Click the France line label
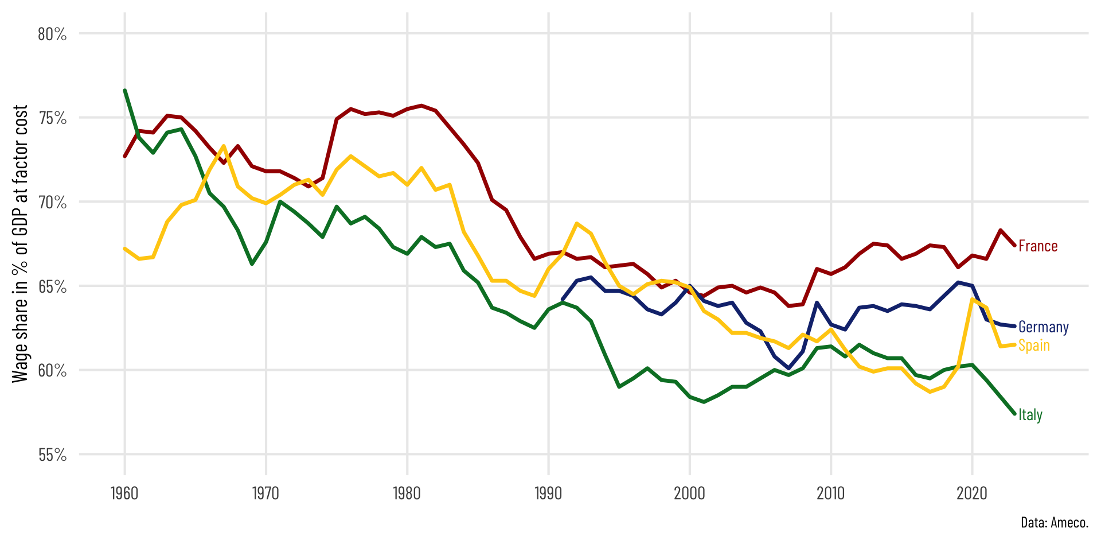point(1037,246)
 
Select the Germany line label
point(1043,327)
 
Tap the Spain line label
point(1034,346)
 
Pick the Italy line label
point(1030,415)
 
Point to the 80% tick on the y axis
point(52,34)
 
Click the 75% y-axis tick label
point(52,119)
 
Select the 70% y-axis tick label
point(52,203)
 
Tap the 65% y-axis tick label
point(52,287)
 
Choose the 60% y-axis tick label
point(52,371)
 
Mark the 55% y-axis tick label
point(52,455)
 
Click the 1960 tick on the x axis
point(124,494)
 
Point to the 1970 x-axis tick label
point(266,494)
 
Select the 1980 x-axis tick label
point(407,494)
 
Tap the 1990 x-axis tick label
point(548,494)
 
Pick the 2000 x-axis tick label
point(689,494)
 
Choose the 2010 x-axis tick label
point(830,494)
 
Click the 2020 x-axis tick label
point(972,494)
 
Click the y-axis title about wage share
point(20,243)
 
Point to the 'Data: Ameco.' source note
point(1054,523)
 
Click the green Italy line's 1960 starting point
point(125,91)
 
